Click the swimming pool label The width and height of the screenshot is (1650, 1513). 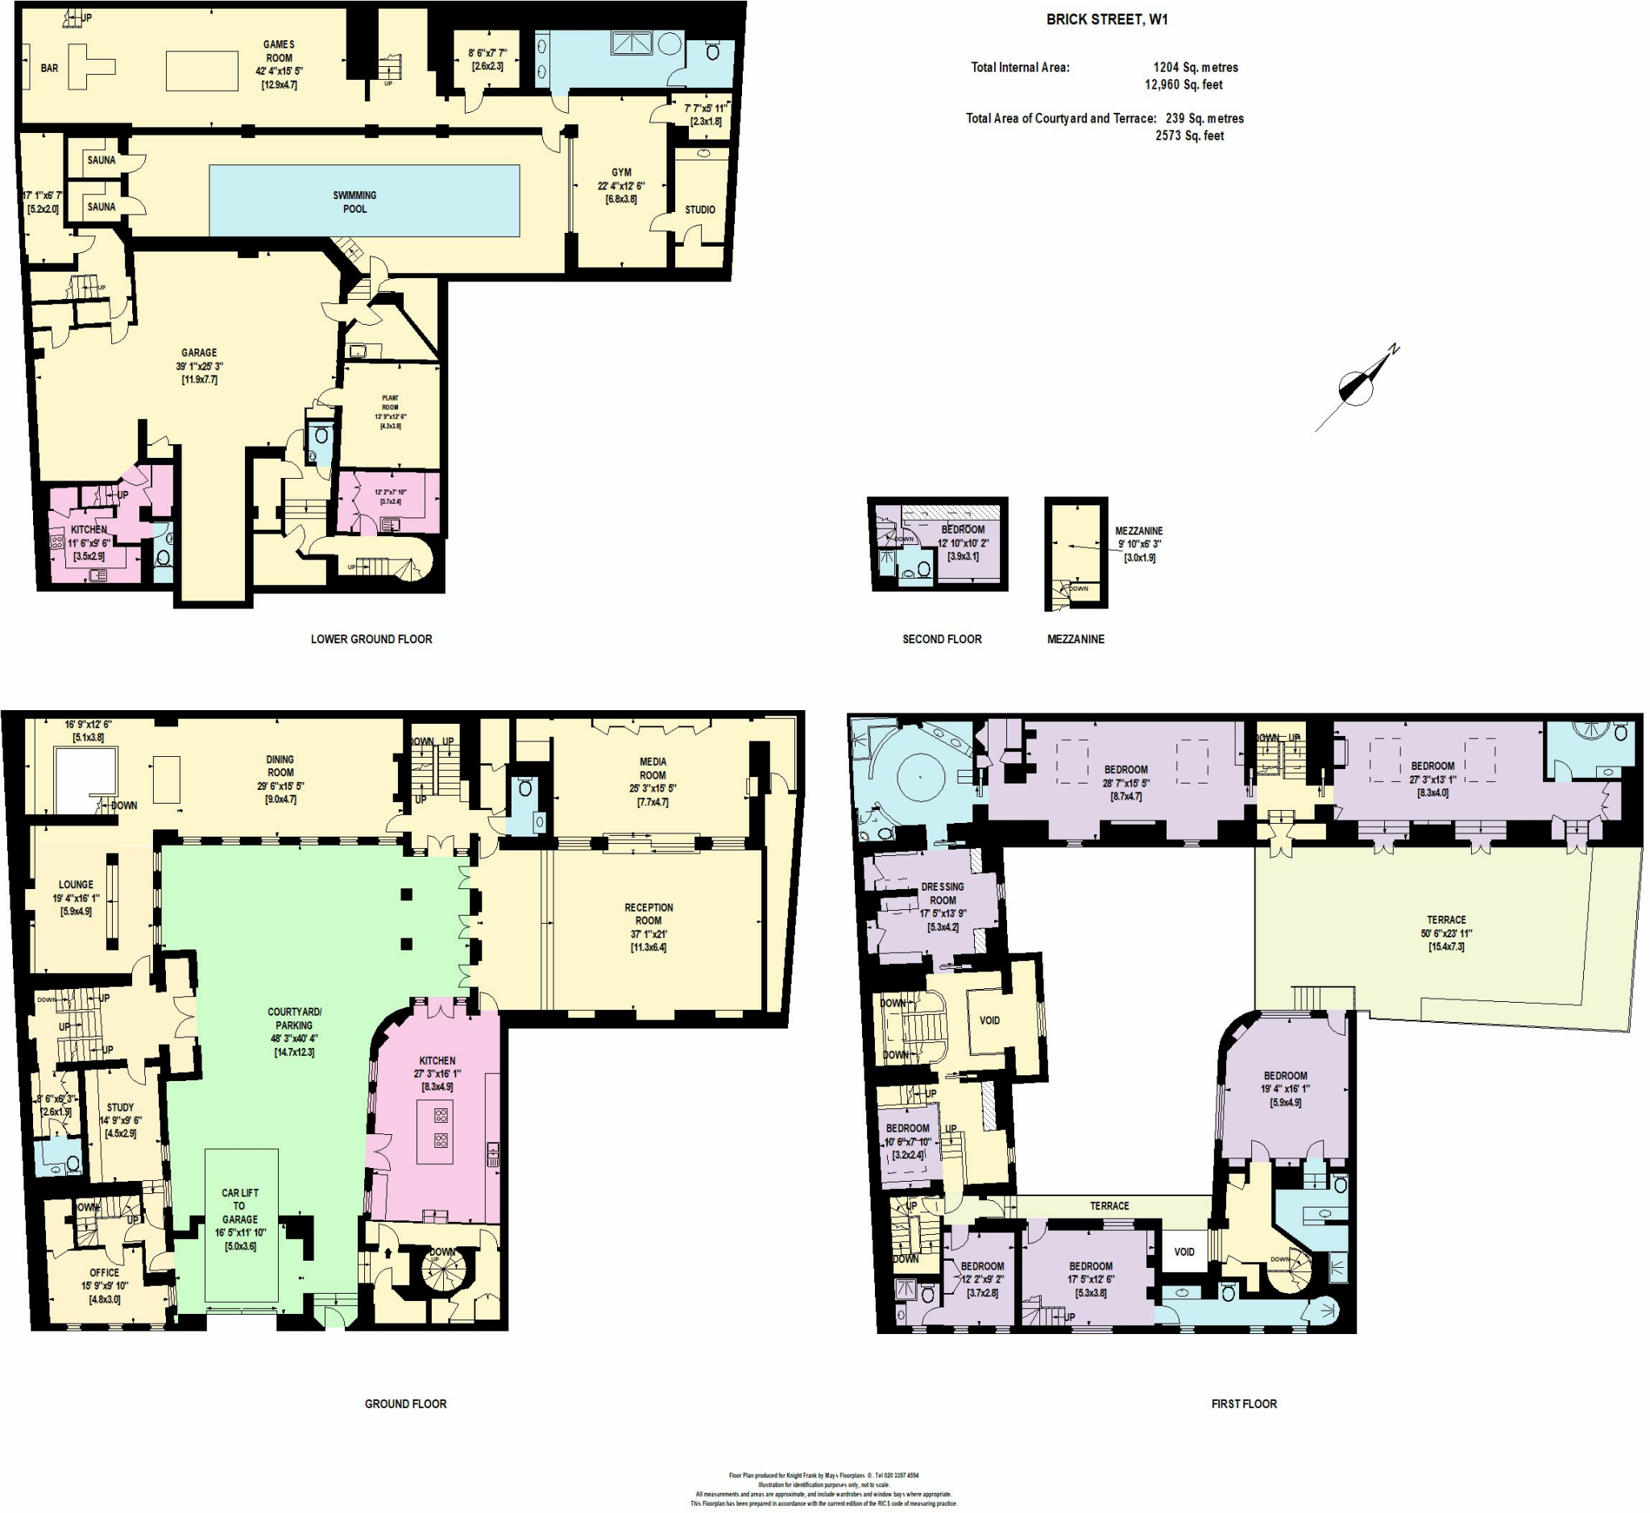354,202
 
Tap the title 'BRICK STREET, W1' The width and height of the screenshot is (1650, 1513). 1106,19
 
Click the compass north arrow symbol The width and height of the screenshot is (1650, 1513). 1358,384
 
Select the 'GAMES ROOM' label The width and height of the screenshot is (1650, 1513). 278,51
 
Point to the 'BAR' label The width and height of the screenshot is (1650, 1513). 49,68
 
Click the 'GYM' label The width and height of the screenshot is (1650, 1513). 621,172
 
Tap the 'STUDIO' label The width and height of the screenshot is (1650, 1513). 700,210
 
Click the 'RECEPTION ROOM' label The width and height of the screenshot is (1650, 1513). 649,914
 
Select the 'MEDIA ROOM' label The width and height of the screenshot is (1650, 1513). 653,768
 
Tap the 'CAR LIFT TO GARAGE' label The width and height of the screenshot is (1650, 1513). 239,1206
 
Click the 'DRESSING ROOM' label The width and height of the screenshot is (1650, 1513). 942,893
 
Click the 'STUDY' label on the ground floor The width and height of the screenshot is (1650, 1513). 120,1107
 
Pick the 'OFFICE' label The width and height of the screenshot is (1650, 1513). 104,1272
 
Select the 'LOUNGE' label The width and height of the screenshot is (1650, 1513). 76,884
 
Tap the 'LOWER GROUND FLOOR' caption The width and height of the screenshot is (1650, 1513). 371,638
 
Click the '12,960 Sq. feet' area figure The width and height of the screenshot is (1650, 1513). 1184,85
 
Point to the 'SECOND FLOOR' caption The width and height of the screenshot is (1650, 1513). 941,638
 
